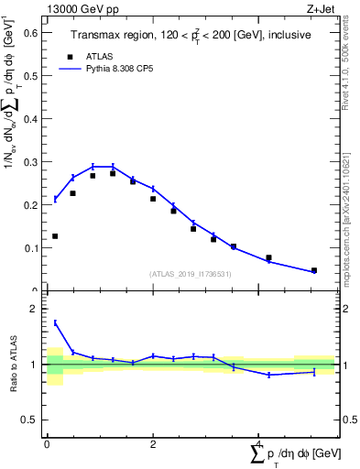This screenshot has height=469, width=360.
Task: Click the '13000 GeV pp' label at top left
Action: click(x=77, y=8)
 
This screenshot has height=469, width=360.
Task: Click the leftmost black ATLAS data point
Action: click(x=55, y=236)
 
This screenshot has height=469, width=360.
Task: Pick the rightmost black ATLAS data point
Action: click(x=314, y=270)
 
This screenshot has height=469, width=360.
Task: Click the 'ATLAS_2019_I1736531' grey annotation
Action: click(x=190, y=274)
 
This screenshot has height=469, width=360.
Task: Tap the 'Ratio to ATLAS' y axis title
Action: click(x=13, y=365)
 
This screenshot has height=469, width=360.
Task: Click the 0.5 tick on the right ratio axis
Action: click(x=347, y=420)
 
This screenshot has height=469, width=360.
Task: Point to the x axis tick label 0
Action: click(x=47, y=444)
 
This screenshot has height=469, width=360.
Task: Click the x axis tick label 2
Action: click(x=153, y=444)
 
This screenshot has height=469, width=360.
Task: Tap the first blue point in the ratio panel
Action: click(x=55, y=322)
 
